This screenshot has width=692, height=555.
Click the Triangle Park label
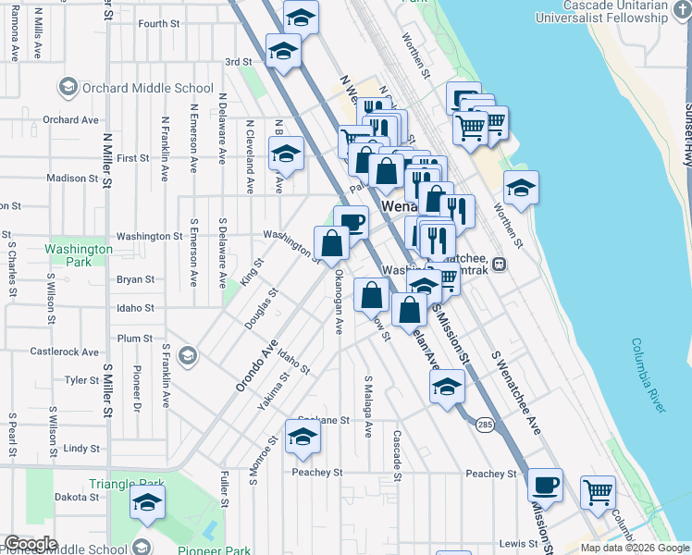[127, 484]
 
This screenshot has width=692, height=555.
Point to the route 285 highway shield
[485, 425]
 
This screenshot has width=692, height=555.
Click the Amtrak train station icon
[499, 264]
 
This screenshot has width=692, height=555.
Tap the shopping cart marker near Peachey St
[599, 492]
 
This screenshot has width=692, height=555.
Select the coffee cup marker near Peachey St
[545, 484]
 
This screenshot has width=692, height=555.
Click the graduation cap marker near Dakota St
[147, 503]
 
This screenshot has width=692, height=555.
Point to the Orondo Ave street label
[256, 365]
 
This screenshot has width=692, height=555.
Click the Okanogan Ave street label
[339, 302]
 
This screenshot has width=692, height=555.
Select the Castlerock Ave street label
[64, 351]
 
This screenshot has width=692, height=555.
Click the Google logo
[31, 544]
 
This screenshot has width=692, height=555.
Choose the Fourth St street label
[159, 23]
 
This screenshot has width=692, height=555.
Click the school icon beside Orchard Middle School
[68, 89]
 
